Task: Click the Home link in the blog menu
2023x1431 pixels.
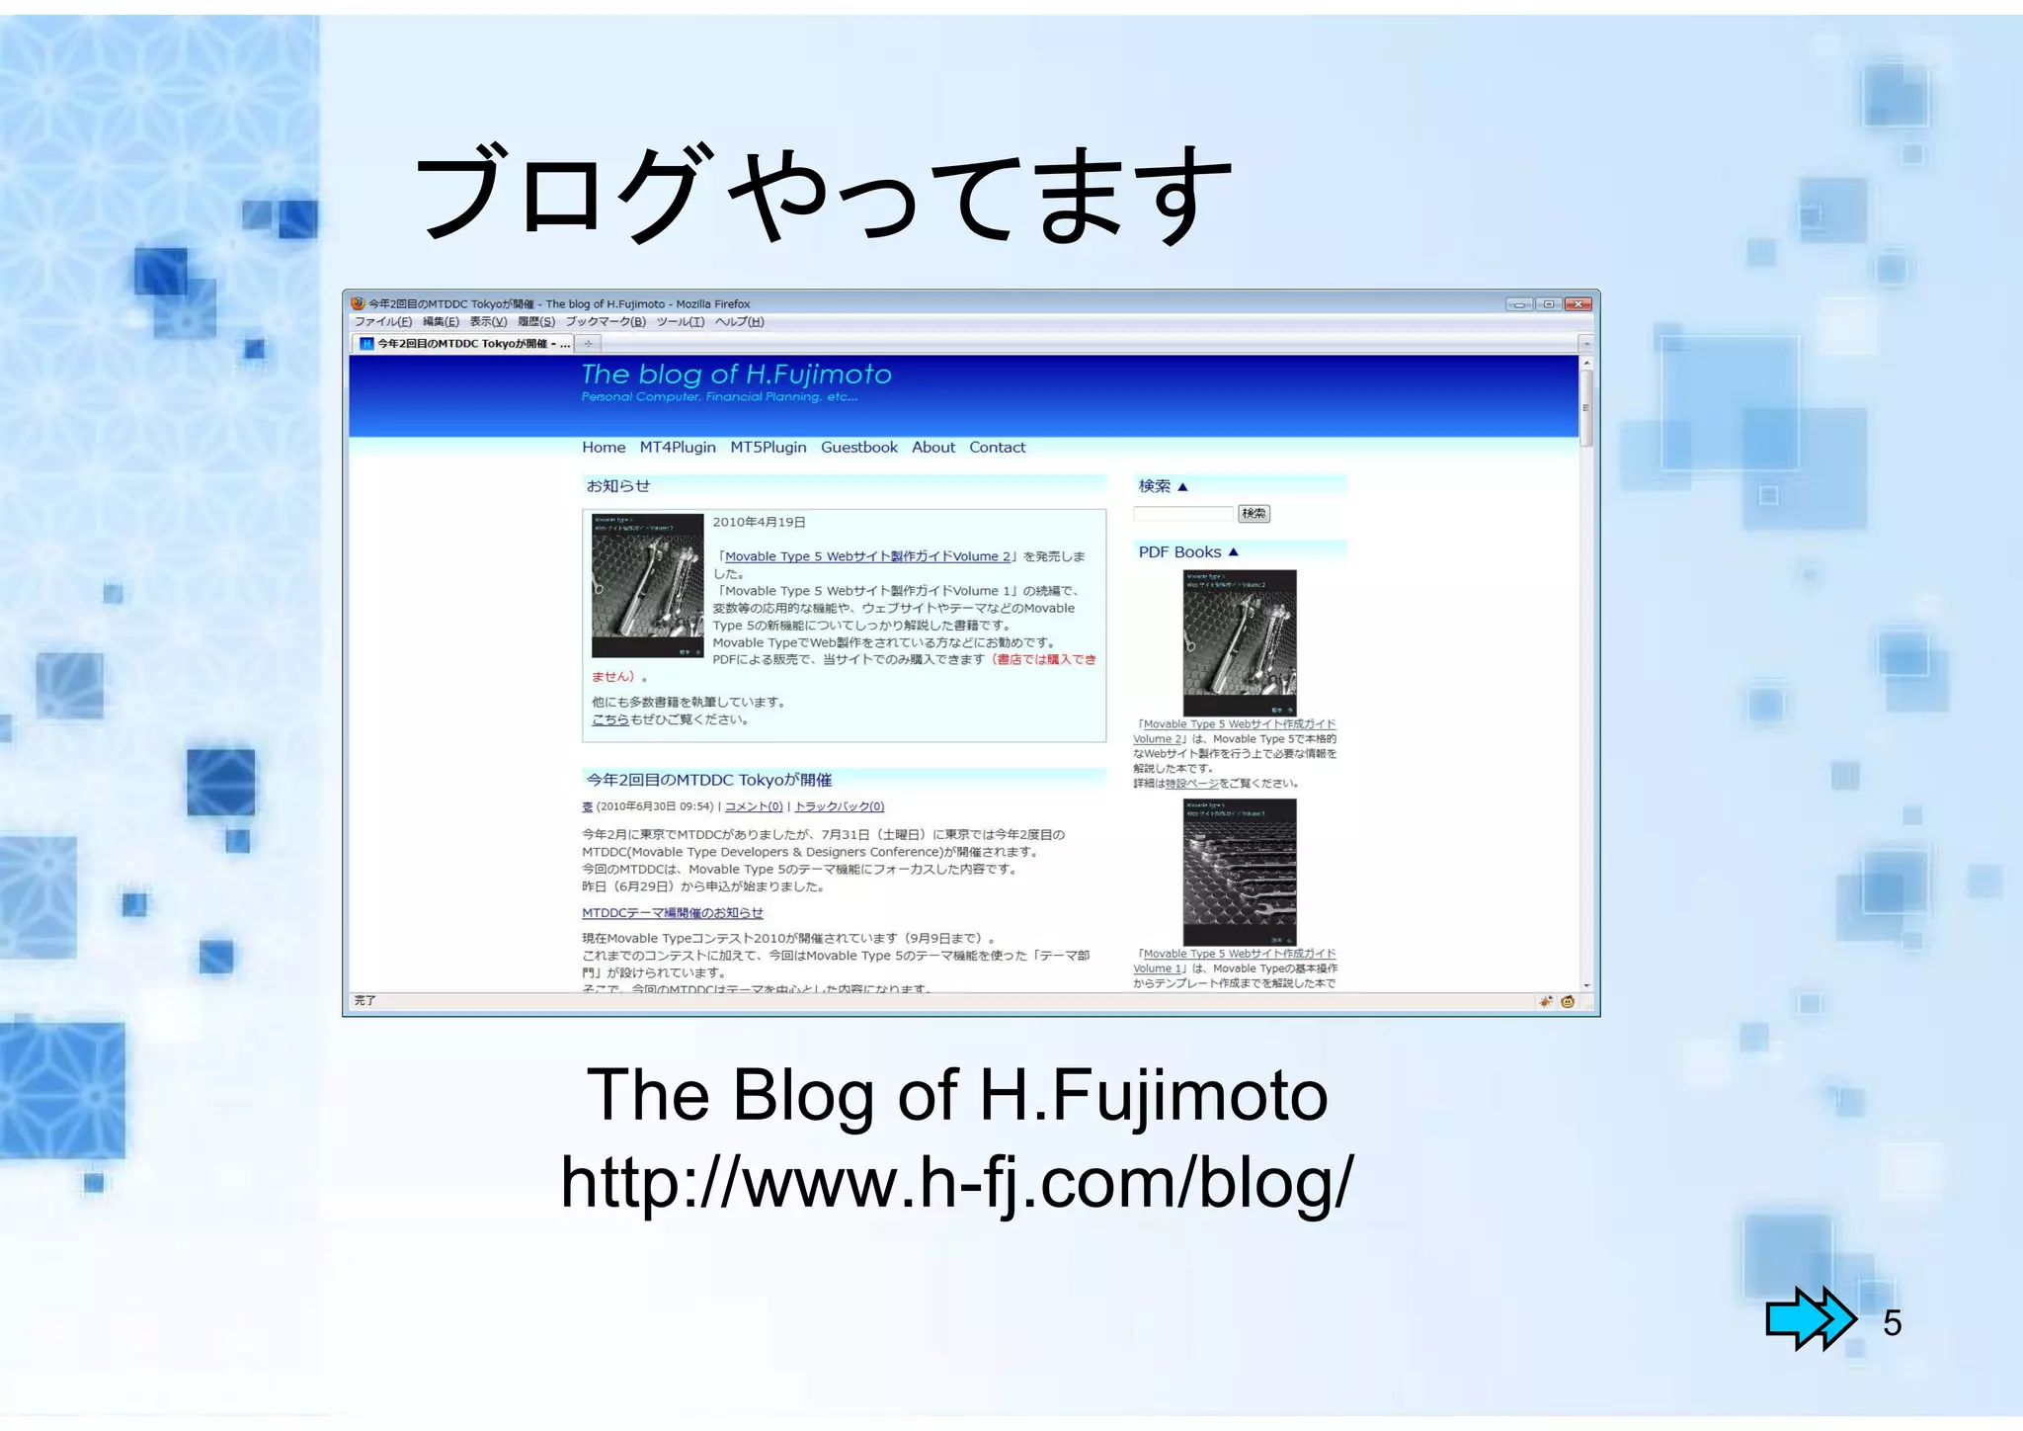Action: (604, 448)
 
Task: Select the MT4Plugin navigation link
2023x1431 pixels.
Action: (678, 448)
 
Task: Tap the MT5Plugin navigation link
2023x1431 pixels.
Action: (769, 448)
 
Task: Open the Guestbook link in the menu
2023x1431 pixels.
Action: (859, 448)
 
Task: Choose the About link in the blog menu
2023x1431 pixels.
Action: (933, 448)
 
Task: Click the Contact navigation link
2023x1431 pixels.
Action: (998, 448)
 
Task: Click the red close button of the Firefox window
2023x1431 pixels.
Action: (1579, 304)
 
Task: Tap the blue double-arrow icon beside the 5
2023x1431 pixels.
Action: (1810, 1318)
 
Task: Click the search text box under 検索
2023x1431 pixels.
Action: (1183, 514)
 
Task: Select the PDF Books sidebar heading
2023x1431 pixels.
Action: (1180, 552)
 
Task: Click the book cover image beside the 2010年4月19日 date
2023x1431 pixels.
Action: (647, 586)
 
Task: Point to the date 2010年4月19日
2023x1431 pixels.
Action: (759, 523)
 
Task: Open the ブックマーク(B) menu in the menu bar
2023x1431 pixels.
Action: (606, 322)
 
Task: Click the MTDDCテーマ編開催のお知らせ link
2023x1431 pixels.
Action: (673, 913)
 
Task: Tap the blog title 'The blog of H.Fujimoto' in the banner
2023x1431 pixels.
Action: (736, 375)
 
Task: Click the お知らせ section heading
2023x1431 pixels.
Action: (618, 486)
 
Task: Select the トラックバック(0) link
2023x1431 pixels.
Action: (840, 807)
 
